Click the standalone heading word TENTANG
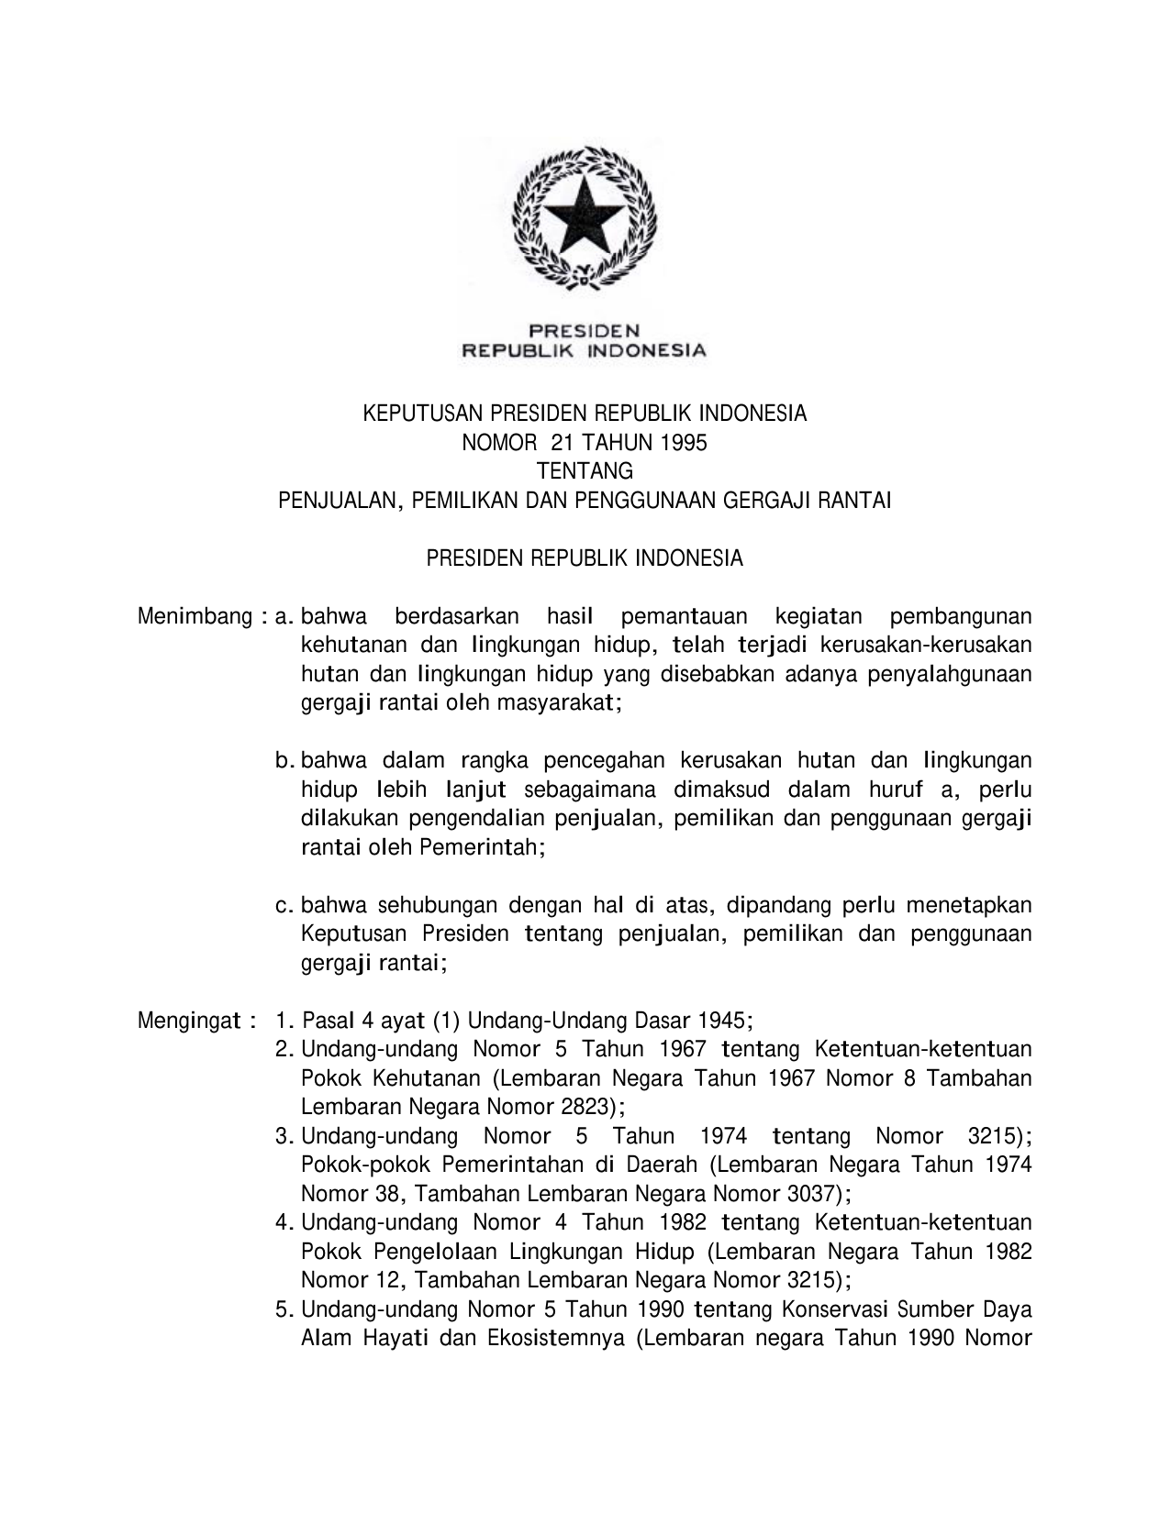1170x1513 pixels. point(585,471)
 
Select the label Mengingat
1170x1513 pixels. point(189,1021)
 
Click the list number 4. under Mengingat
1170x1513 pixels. point(284,1223)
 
